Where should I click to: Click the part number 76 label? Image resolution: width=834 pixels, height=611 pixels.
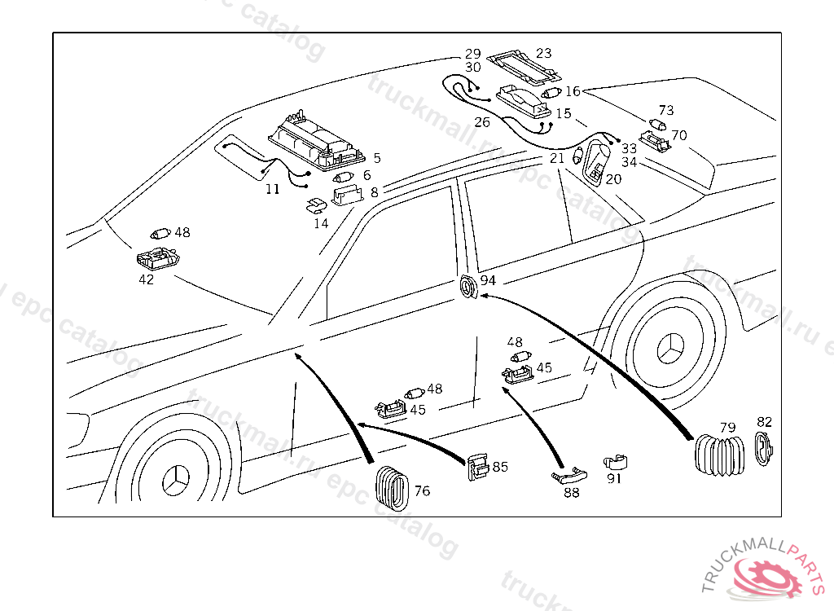pyautogui.click(x=422, y=490)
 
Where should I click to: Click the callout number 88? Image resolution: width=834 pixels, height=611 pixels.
pyautogui.click(x=572, y=493)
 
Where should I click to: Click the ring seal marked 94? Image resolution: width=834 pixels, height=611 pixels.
pyautogui.click(x=468, y=288)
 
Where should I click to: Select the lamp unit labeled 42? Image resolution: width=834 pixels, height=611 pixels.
pyautogui.click(x=157, y=260)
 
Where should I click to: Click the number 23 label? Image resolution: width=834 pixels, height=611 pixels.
pyautogui.click(x=543, y=54)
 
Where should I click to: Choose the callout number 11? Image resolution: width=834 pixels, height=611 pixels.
pyautogui.click(x=272, y=189)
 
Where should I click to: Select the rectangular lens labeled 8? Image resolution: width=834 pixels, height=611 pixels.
pyautogui.click(x=349, y=196)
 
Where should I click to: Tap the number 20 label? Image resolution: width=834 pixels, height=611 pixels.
pyautogui.click(x=613, y=178)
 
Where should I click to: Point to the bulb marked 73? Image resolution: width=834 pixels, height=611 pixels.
pyautogui.click(x=658, y=125)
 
